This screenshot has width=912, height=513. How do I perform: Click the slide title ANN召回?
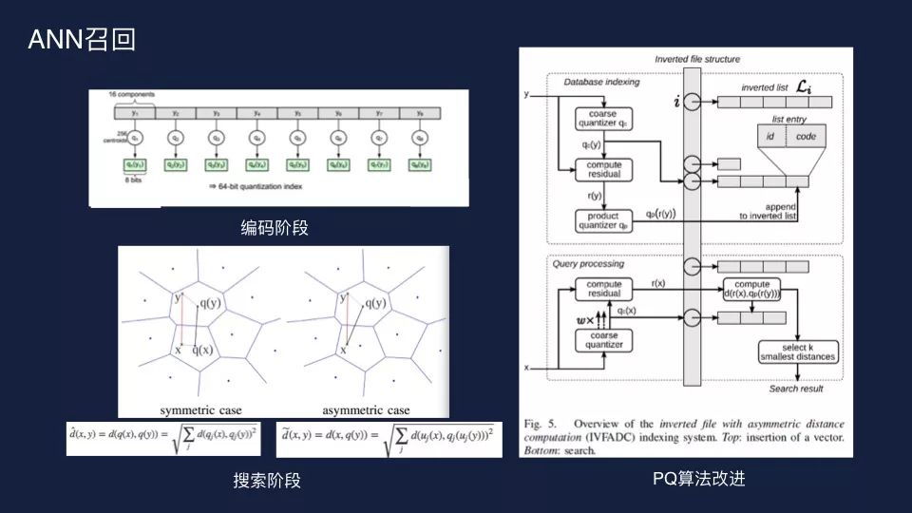click(83, 39)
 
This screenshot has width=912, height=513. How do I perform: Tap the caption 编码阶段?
click(275, 228)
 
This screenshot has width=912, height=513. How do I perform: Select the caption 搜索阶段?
click(267, 481)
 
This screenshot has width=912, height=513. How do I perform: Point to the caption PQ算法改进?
click(699, 478)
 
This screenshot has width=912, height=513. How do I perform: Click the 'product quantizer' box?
click(602, 219)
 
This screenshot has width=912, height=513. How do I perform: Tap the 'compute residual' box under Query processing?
click(603, 289)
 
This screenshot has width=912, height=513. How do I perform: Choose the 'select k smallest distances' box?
click(798, 351)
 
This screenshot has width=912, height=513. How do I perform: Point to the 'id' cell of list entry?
click(772, 137)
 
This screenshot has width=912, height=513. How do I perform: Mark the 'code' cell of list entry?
click(806, 137)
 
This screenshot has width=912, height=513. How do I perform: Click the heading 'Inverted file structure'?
click(697, 59)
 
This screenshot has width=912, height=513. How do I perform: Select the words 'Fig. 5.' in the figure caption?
click(545, 423)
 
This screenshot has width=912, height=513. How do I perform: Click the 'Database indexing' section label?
click(601, 82)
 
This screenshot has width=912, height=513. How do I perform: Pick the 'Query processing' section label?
click(588, 263)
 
